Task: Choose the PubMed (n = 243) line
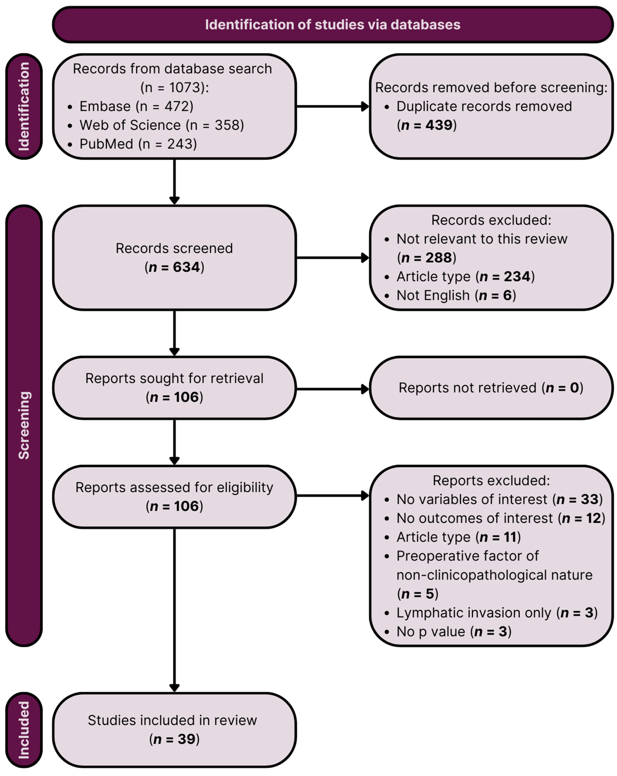click(138, 144)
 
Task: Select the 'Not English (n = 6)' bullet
click(456, 295)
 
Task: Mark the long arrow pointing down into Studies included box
click(174, 612)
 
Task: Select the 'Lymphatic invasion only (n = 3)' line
click(497, 612)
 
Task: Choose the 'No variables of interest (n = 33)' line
click(499, 499)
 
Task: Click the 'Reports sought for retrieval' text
click(174, 378)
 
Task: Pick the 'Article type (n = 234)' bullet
click(465, 277)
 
